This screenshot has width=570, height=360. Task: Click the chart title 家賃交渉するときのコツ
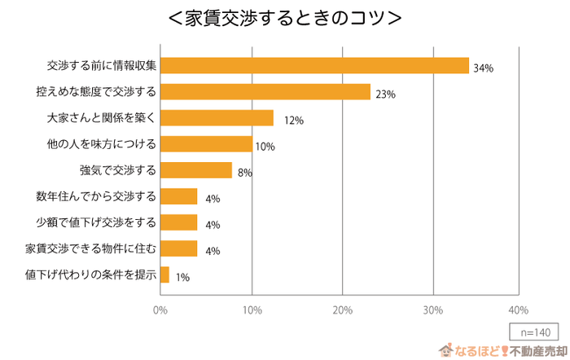point(284,17)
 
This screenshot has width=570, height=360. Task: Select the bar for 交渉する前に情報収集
point(314,65)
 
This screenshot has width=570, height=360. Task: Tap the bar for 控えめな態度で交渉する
point(265,91)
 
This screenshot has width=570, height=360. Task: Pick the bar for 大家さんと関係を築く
point(217,118)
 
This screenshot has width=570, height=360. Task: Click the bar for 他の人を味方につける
point(206,144)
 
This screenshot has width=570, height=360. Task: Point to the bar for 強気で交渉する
point(196,170)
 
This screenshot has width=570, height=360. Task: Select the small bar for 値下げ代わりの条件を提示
point(165,274)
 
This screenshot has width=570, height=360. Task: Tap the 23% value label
point(385,94)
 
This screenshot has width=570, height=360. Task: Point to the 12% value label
point(293,121)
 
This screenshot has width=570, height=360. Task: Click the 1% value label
point(182,278)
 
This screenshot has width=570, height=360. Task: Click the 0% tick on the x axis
point(160,310)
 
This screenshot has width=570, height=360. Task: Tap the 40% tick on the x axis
point(518,310)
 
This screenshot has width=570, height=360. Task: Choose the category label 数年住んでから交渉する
point(95,196)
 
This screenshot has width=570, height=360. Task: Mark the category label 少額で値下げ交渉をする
point(95,222)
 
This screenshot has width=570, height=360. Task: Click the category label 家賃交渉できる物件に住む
point(90,248)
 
